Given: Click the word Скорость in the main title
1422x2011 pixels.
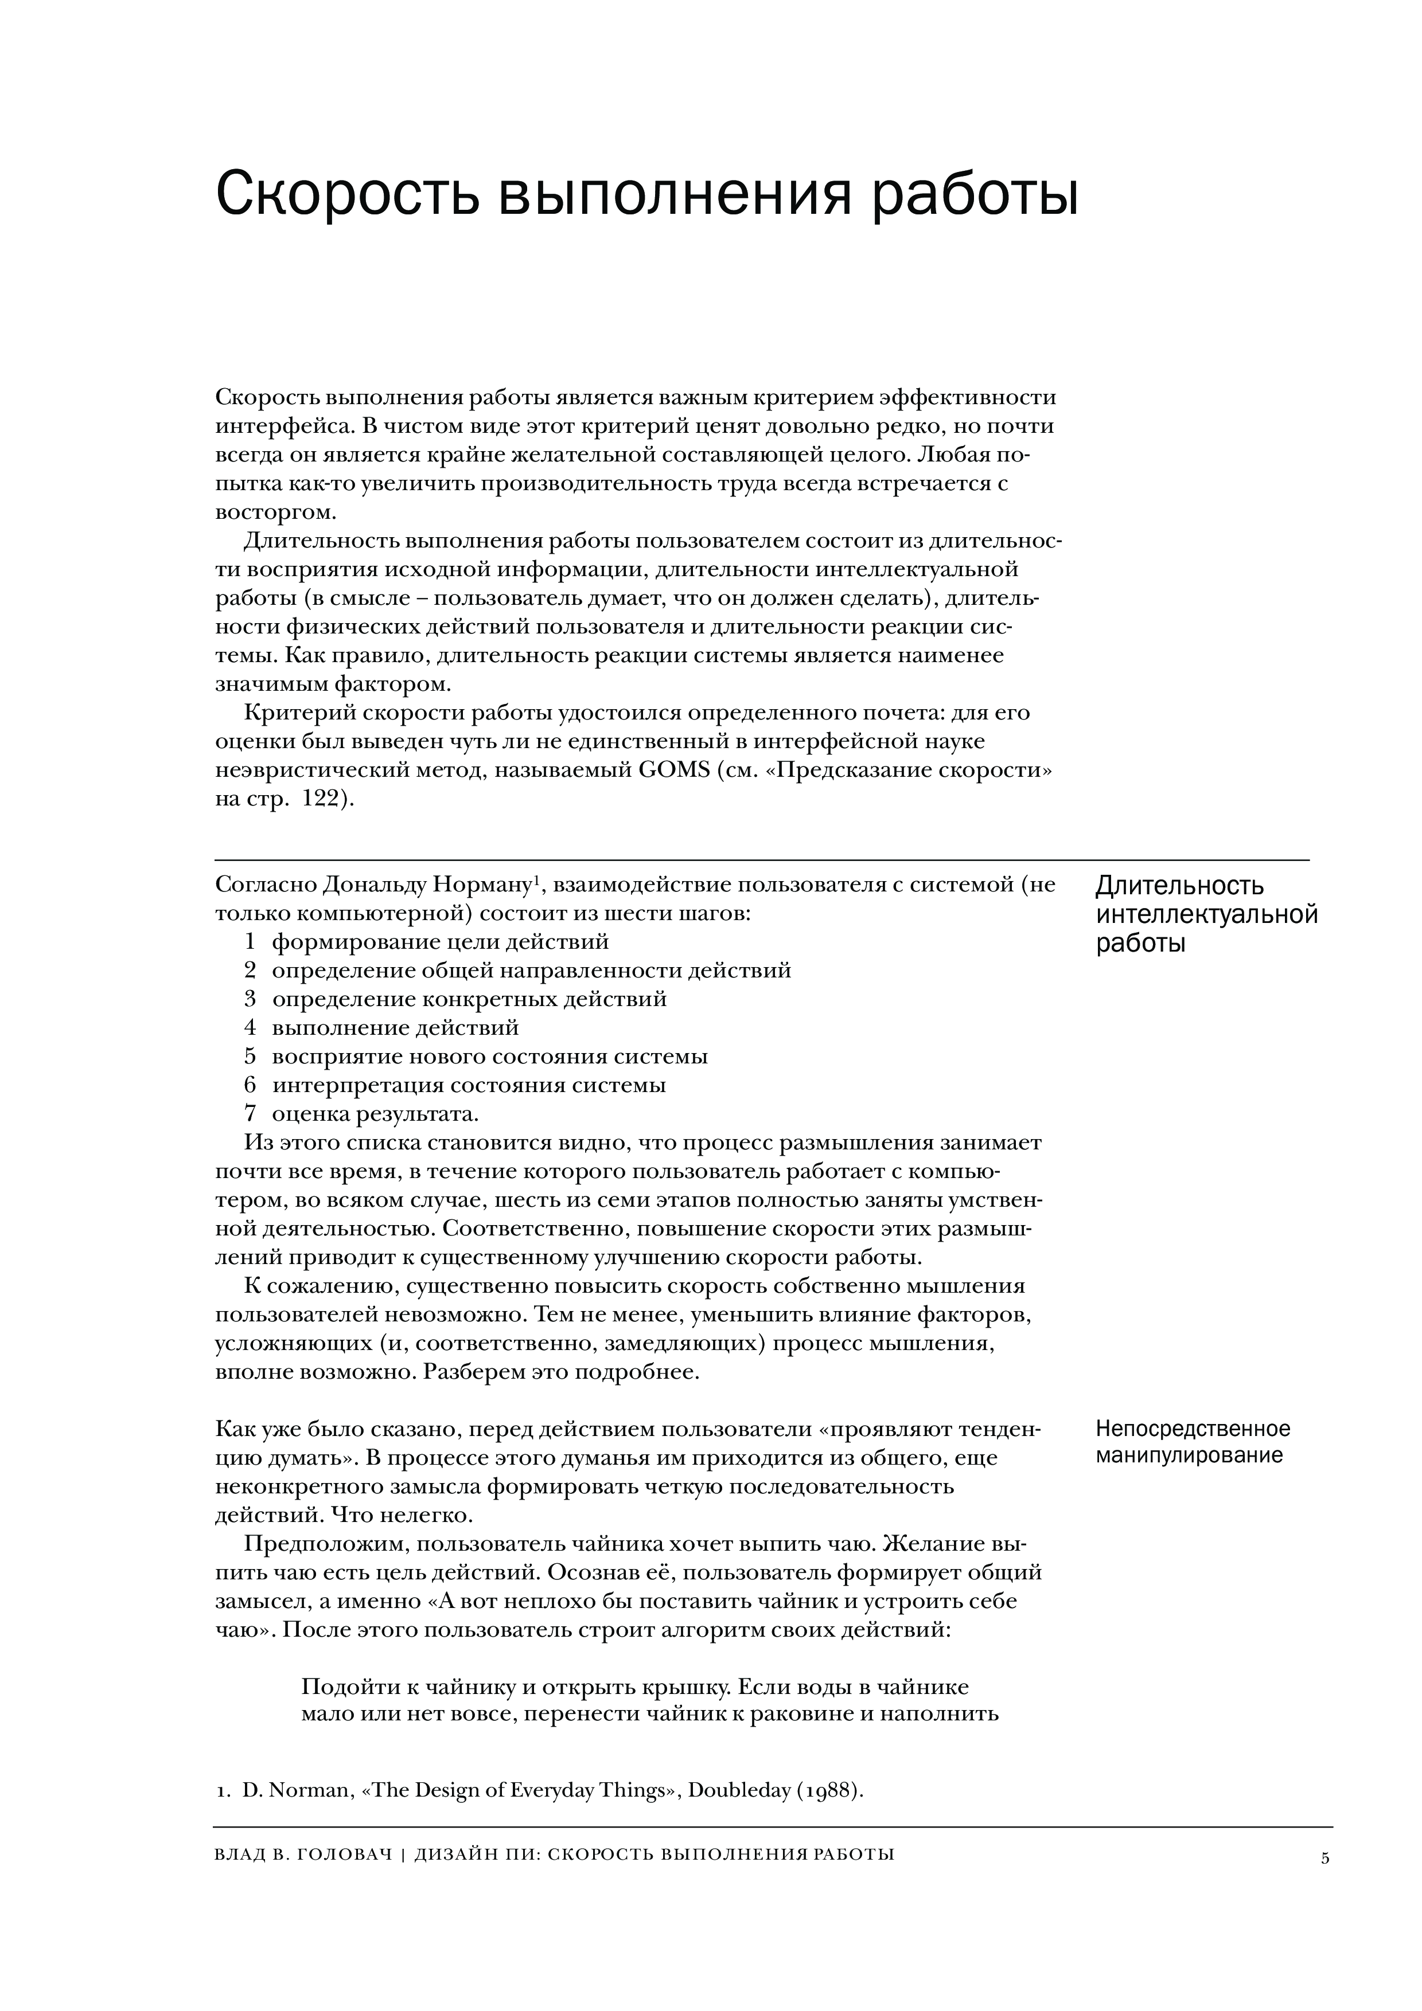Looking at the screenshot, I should [x=346, y=194].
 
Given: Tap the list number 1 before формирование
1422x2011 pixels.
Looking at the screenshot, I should [x=250, y=941].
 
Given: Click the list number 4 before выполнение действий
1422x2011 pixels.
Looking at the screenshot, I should [x=250, y=1027].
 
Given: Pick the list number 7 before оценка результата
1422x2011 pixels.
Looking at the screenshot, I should [x=250, y=1113].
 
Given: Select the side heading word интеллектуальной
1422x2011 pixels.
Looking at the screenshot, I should [x=1206, y=915].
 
